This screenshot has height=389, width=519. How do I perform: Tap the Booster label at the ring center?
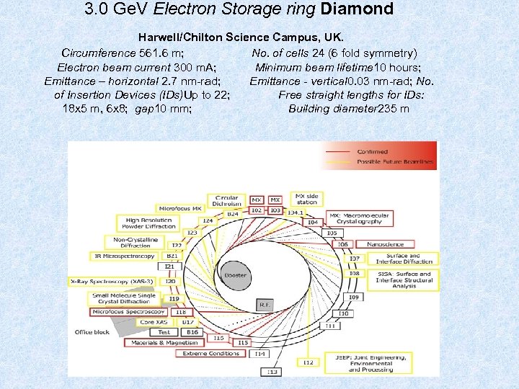pyautogui.click(x=235, y=275)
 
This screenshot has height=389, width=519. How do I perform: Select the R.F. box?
pyautogui.click(x=265, y=305)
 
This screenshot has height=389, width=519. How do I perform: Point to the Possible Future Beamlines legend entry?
pyautogui.click(x=395, y=162)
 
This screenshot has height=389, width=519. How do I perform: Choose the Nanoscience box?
pyautogui.click(x=385, y=244)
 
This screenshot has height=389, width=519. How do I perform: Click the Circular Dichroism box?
pyautogui.click(x=226, y=200)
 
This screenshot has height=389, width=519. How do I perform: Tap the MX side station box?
pyautogui.click(x=306, y=199)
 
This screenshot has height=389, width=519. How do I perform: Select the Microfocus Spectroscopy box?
pyautogui.click(x=128, y=312)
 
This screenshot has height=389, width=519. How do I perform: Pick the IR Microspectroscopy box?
pyautogui.click(x=124, y=256)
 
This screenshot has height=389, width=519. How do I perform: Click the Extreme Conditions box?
pyautogui.click(x=210, y=353)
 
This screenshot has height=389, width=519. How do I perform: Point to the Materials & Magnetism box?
pyautogui.click(x=164, y=343)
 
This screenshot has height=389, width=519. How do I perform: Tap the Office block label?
pyautogui.click(x=92, y=332)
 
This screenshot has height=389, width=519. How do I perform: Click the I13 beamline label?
pyautogui.click(x=272, y=372)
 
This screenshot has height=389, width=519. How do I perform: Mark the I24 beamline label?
pyautogui.click(x=208, y=220)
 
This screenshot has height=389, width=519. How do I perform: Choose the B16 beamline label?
pyautogui.click(x=192, y=332)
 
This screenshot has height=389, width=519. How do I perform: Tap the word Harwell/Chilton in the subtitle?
pyautogui.click(x=182, y=37)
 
